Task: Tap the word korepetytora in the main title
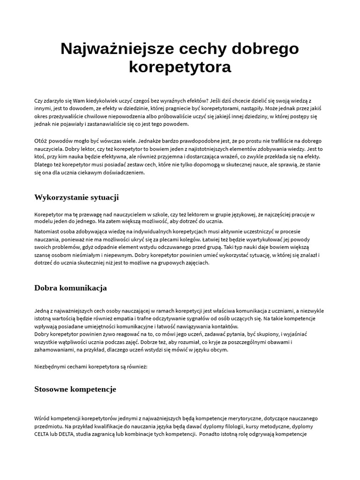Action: [x=180, y=67]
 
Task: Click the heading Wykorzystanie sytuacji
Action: [x=76, y=197]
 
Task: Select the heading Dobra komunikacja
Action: [x=70, y=288]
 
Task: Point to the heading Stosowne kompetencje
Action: [x=75, y=389]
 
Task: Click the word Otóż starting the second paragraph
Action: [x=41, y=141]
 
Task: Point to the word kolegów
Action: [x=191, y=240]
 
